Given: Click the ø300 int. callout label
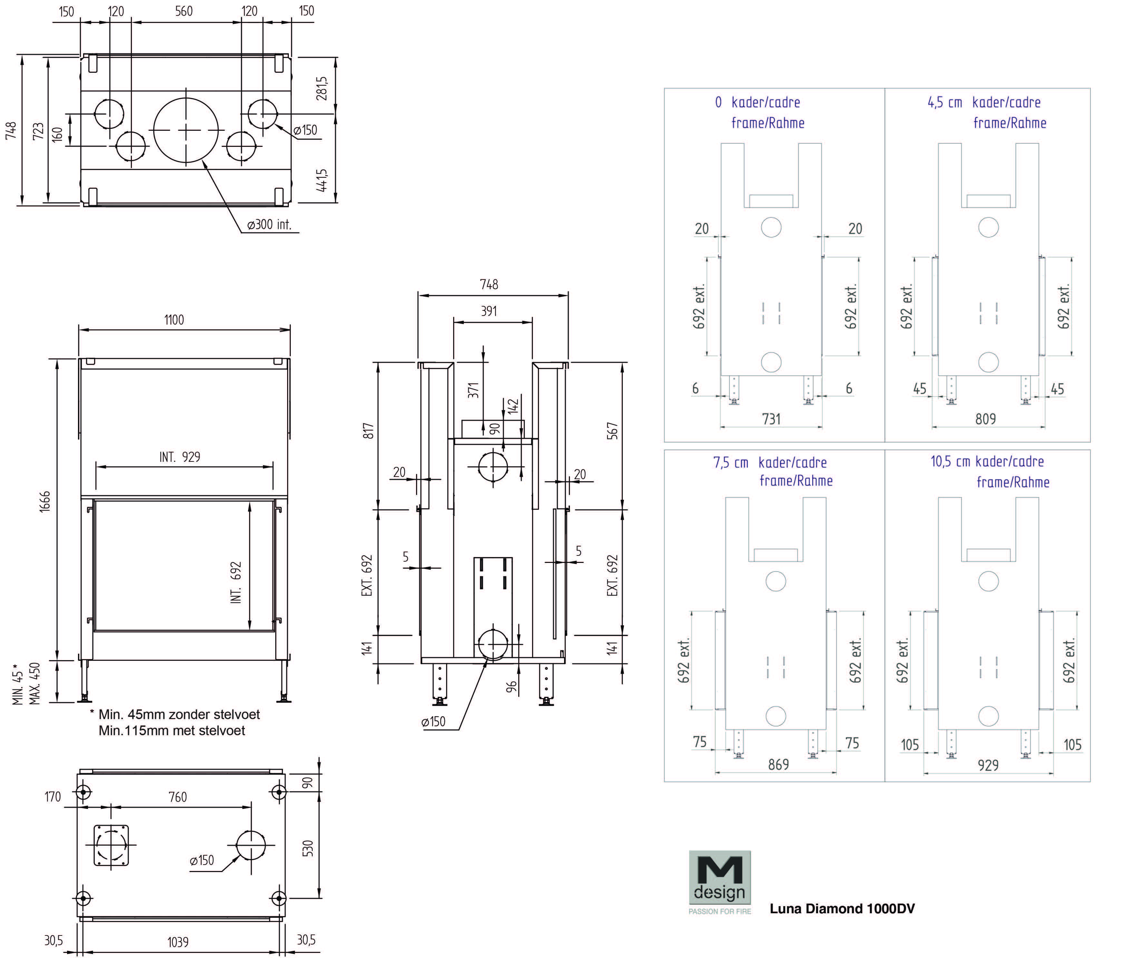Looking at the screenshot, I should (269, 224).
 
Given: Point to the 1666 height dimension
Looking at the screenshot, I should (44, 501).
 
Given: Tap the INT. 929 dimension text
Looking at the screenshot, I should (180, 457).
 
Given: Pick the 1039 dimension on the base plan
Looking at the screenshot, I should (178, 942).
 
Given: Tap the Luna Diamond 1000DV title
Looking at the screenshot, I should (842, 908).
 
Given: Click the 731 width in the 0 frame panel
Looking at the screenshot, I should (771, 419).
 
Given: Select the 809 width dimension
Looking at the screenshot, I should (985, 419).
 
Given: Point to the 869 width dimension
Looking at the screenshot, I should (778, 764).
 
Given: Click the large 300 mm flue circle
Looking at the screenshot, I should (186, 130).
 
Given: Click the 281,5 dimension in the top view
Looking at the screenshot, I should (322, 88).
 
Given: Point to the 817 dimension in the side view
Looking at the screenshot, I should (368, 431).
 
